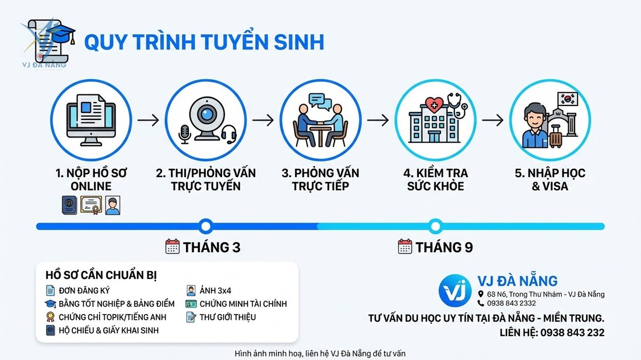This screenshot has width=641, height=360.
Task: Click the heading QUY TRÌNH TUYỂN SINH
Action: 204,42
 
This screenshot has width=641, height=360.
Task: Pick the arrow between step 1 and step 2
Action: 148,120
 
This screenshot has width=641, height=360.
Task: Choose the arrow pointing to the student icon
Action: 492,120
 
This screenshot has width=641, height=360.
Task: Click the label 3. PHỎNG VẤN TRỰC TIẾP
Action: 320,179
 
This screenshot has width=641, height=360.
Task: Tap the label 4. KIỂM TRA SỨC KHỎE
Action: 435,179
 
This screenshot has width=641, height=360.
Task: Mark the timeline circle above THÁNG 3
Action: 205,226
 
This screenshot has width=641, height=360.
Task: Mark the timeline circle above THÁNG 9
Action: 435,226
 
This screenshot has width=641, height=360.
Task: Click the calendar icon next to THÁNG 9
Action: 405,246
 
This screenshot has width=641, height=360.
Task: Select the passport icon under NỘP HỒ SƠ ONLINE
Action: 69,205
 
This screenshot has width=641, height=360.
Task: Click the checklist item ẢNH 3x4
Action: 215,290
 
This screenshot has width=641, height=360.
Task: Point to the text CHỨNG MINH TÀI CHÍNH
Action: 243,303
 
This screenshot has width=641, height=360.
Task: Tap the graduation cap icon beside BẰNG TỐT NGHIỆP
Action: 51,303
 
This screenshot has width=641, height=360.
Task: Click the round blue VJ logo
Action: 455,290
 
